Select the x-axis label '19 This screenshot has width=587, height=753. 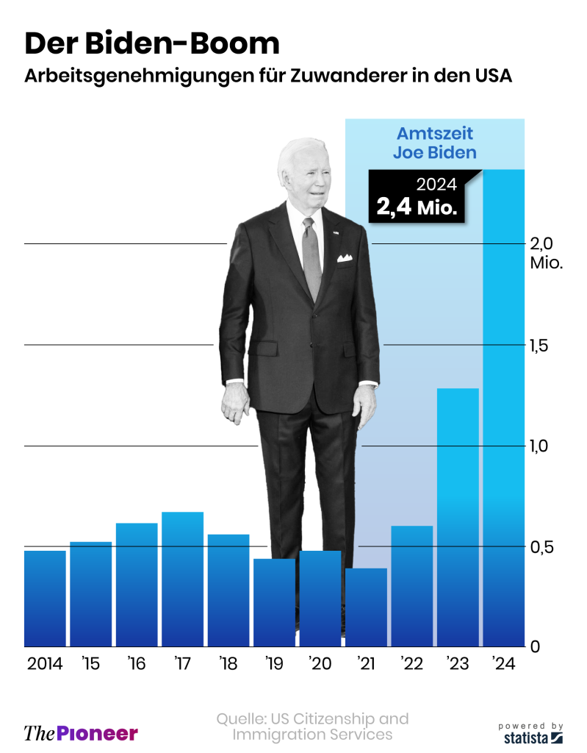[274, 664]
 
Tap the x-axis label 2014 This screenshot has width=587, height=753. [45, 664]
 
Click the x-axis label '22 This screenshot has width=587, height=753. [411, 664]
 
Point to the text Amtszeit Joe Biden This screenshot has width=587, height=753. [434, 143]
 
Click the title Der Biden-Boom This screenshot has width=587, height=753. [152, 43]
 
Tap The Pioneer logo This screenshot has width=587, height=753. [81, 732]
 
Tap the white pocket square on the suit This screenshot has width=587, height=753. [345, 257]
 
